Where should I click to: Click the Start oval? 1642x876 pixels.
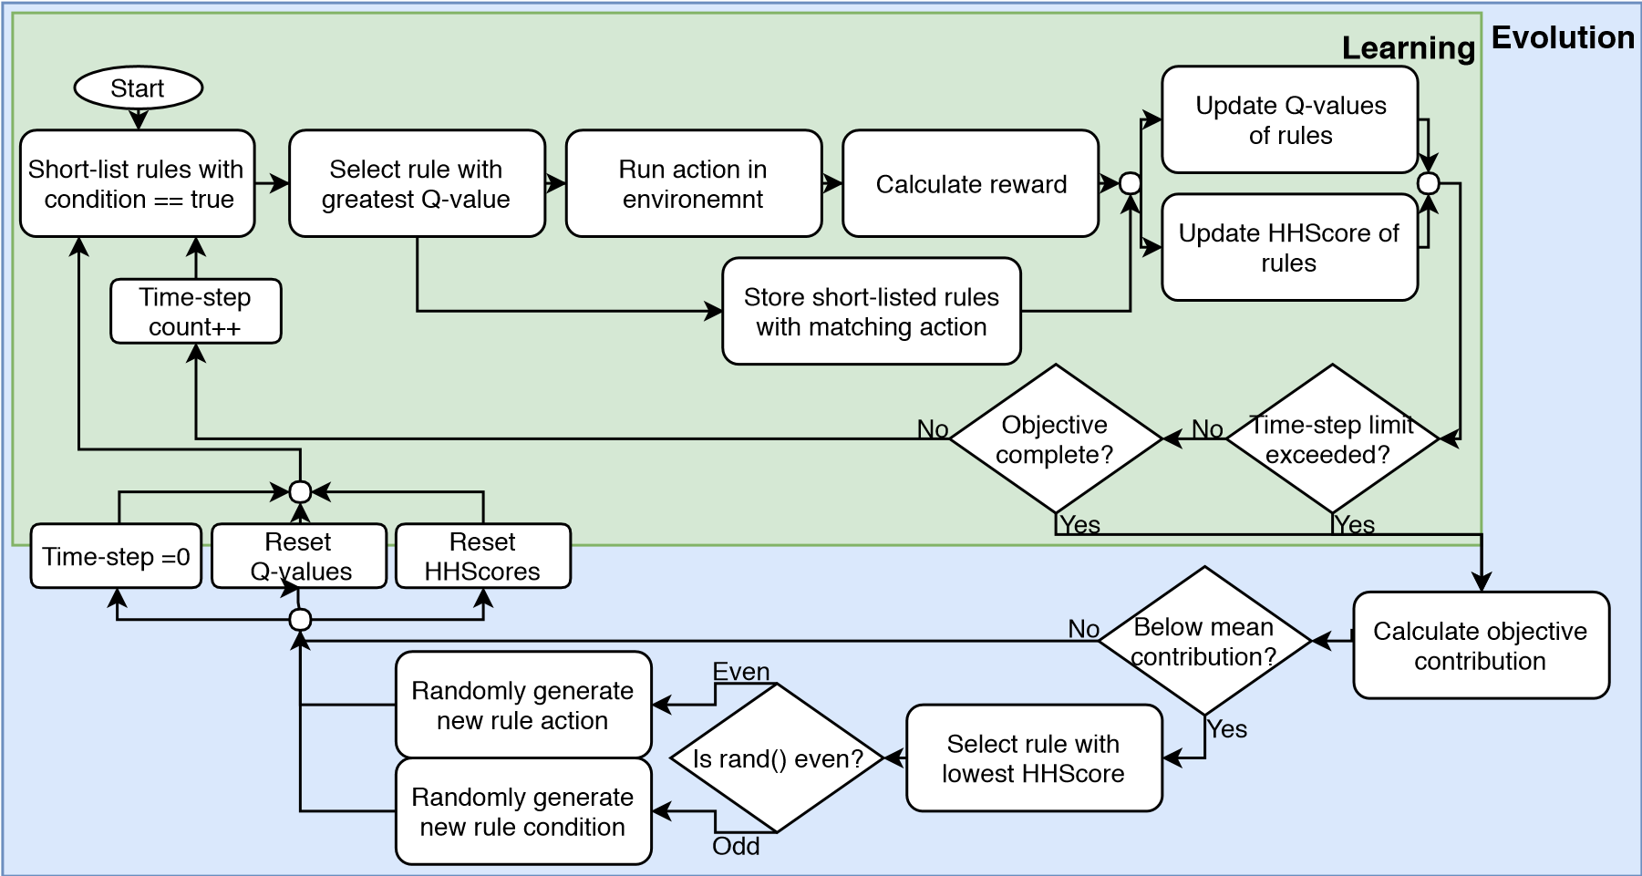pyautogui.click(x=138, y=88)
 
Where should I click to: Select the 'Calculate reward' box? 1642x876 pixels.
pyautogui.click(x=970, y=184)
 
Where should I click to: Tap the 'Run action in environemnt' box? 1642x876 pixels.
pyautogui.click(x=693, y=184)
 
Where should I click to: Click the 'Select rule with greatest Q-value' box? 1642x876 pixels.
pyautogui.click(x=416, y=184)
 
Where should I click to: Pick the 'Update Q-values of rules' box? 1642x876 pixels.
pyautogui.click(x=1289, y=120)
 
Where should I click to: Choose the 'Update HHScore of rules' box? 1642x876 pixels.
pyautogui.click(x=1288, y=247)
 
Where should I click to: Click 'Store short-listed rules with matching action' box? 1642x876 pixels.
pyautogui.click(x=871, y=312)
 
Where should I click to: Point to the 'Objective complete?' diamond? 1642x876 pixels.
pyautogui.click(x=1055, y=439)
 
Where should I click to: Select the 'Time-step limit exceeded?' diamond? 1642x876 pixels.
pyautogui.click(x=1332, y=439)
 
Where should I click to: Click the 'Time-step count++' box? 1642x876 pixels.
pyautogui.click(x=195, y=312)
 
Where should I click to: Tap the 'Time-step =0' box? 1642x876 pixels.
pyautogui.click(x=116, y=556)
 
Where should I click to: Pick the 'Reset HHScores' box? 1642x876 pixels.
pyautogui.click(x=482, y=556)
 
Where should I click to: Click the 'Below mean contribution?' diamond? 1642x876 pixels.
pyautogui.click(x=1204, y=641)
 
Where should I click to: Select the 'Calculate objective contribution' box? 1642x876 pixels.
pyautogui.click(x=1480, y=645)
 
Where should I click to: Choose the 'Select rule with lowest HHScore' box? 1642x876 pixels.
pyautogui.click(x=1033, y=758)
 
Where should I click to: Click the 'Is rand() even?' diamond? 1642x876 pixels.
pyautogui.click(x=777, y=758)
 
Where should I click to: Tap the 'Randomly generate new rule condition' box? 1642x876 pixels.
pyautogui.click(x=522, y=812)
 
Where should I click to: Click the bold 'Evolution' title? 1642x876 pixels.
pyautogui.click(x=1562, y=37)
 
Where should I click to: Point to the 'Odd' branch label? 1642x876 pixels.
pyautogui.click(x=736, y=846)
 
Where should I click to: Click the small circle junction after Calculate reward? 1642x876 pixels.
pyautogui.click(x=1130, y=183)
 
